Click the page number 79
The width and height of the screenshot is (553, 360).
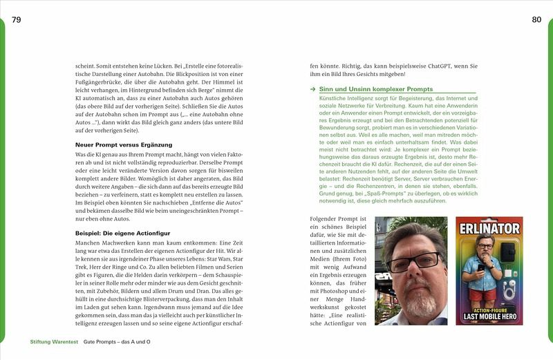(x=17, y=19)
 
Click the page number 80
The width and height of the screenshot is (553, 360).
(x=536, y=19)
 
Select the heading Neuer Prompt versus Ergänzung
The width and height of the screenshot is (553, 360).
(x=118, y=144)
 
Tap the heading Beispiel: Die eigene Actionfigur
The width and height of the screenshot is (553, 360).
(x=121, y=233)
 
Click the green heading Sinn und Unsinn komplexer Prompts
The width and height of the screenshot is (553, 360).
(x=376, y=89)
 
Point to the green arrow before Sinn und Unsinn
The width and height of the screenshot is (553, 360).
(x=313, y=90)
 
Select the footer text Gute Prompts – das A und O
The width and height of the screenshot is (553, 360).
(x=117, y=342)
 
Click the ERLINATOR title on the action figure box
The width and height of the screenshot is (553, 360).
(x=489, y=228)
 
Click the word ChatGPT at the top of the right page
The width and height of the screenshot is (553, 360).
(x=422, y=65)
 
